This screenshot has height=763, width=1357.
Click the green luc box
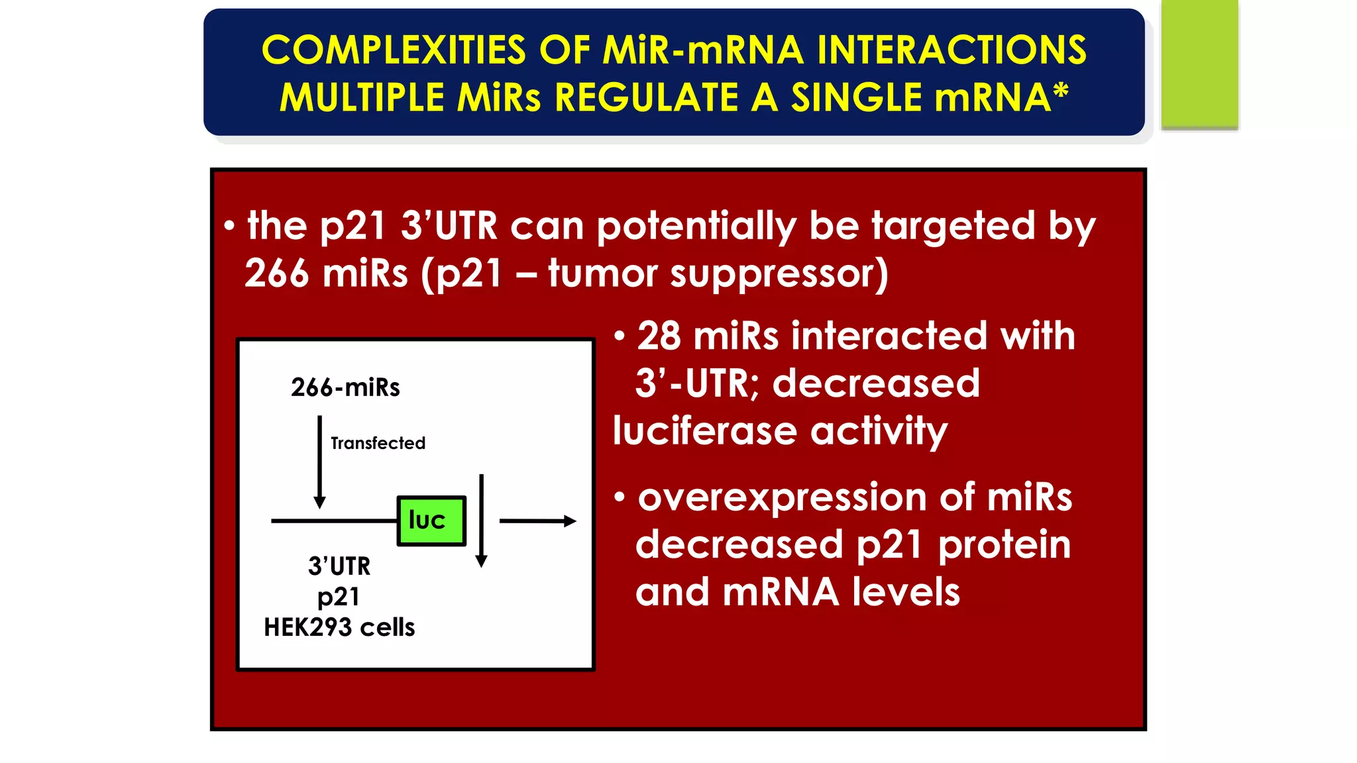(x=431, y=521)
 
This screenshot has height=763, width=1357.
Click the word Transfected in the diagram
(x=378, y=443)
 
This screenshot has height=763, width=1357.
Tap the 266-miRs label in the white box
(x=345, y=387)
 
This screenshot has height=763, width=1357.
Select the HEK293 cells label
(x=339, y=627)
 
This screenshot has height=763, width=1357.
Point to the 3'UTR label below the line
(x=339, y=566)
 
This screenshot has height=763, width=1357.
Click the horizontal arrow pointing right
(x=537, y=521)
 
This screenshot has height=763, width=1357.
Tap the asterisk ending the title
(x=1061, y=91)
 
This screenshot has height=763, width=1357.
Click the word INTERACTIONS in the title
(x=951, y=50)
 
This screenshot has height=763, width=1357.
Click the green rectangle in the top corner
(x=1199, y=64)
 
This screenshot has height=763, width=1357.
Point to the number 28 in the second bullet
(x=659, y=336)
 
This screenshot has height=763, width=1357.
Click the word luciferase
(x=704, y=431)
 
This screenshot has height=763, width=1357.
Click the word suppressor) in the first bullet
(x=779, y=274)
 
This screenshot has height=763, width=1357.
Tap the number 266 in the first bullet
(x=276, y=274)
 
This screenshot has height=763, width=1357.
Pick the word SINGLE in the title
(x=855, y=98)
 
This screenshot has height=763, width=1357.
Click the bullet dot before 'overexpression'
(x=620, y=497)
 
